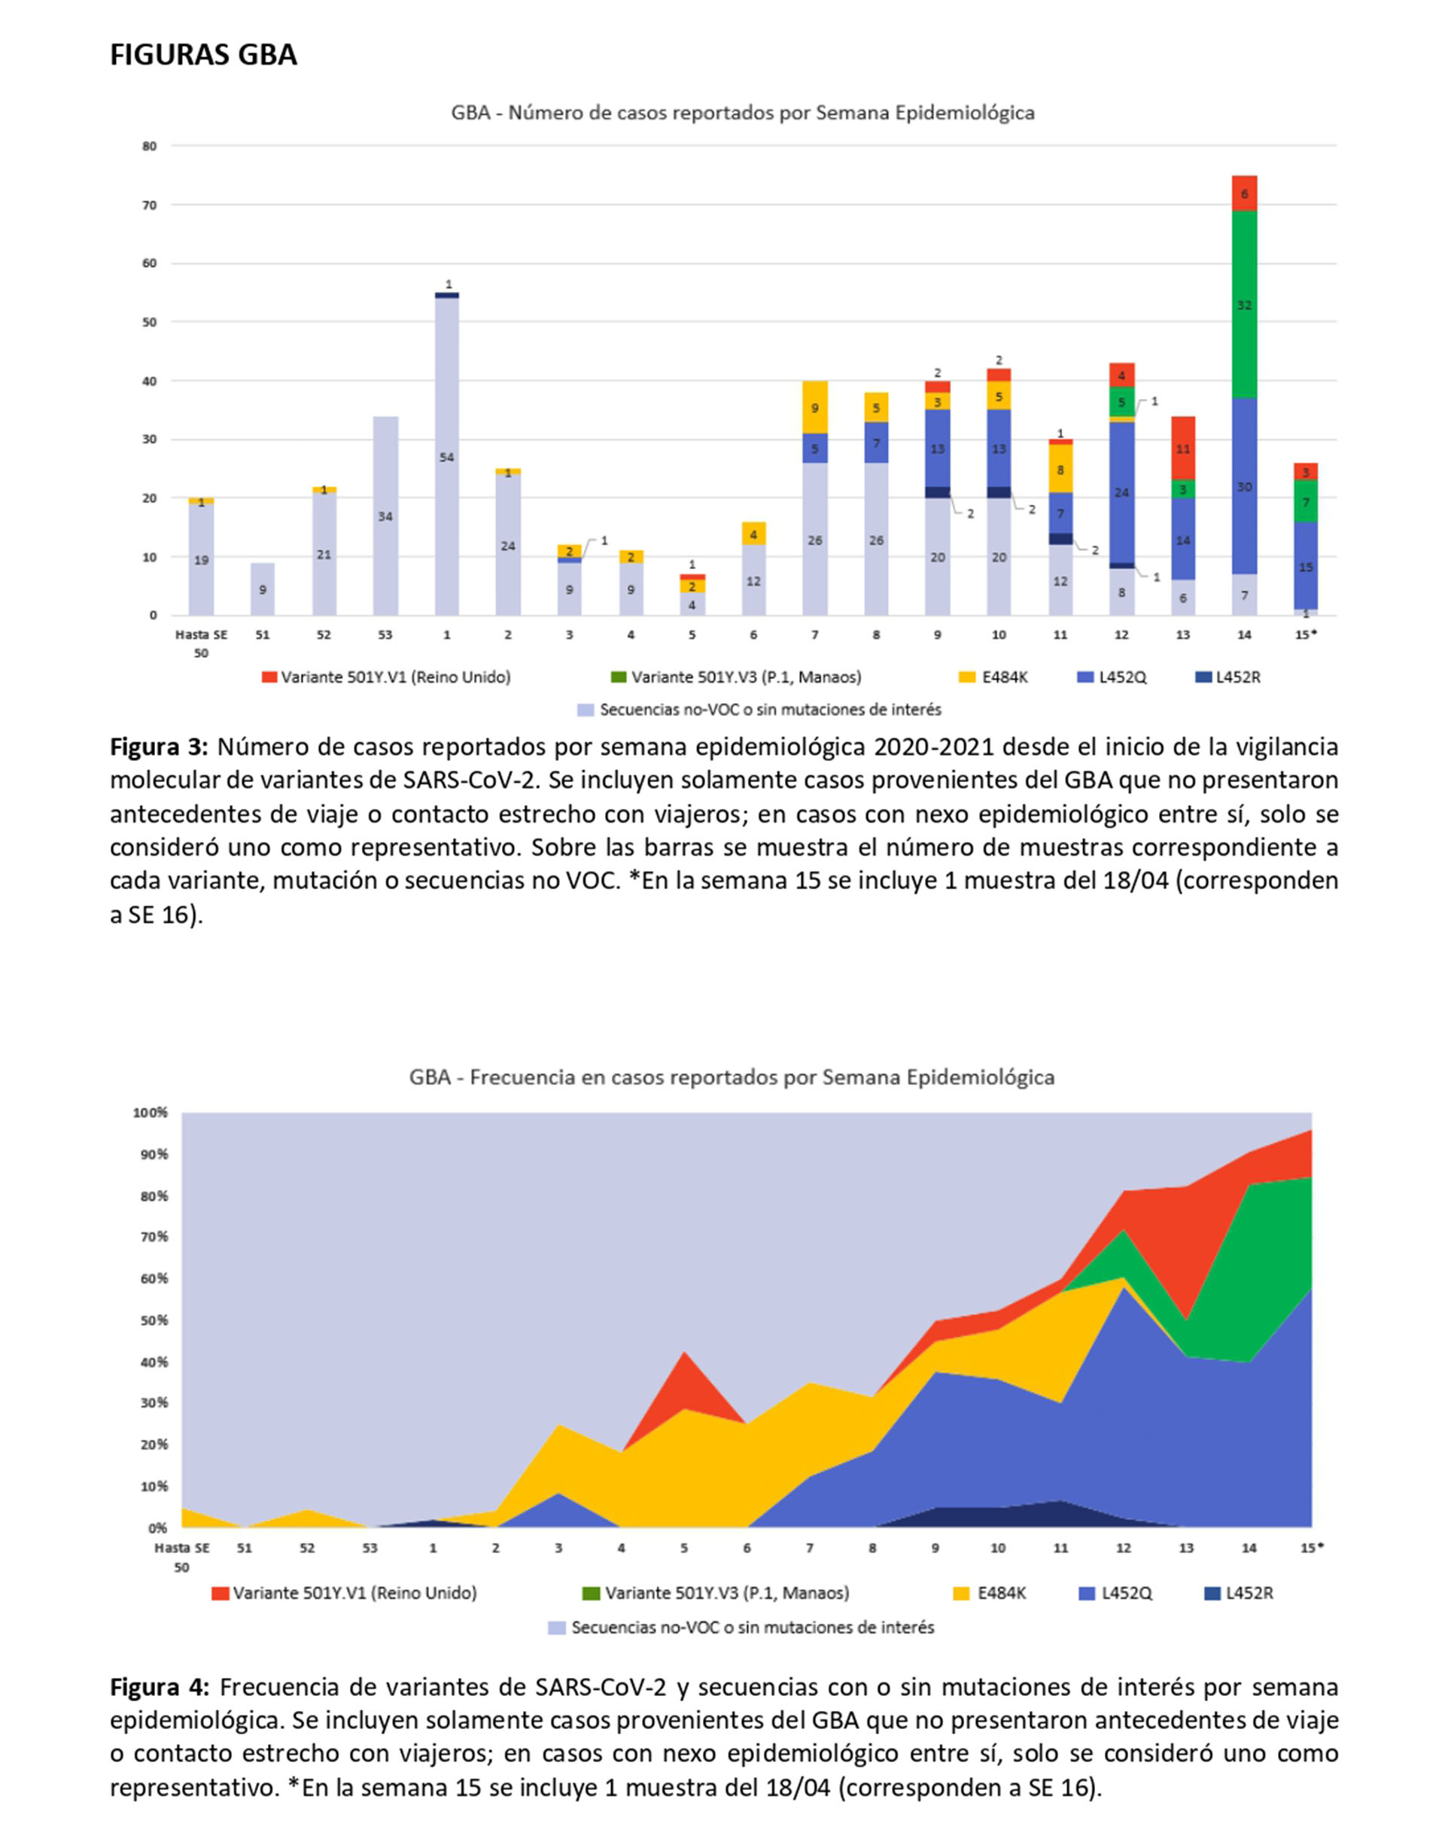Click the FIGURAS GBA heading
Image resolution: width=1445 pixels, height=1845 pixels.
[x=203, y=55]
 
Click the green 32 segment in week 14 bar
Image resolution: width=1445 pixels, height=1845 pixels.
[x=1245, y=305]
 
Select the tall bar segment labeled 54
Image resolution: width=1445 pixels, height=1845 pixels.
[x=447, y=457]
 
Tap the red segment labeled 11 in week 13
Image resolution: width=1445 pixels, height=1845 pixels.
[x=1183, y=449]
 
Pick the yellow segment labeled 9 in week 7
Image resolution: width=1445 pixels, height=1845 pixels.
[x=815, y=407]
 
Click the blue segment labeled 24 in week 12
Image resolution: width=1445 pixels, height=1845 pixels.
[x=1122, y=492]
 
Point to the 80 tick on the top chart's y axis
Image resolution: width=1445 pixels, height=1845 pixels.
[x=150, y=146]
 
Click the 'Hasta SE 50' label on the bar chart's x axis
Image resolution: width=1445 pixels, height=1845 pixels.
[x=202, y=644]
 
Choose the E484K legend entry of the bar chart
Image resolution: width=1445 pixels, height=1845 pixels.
[x=993, y=677]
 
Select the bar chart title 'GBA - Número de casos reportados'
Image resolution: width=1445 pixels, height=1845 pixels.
[x=743, y=112]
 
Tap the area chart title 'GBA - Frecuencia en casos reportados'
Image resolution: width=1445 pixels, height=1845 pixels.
[x=732, y=1077]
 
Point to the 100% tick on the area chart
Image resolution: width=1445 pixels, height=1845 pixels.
[x=151, y=1113]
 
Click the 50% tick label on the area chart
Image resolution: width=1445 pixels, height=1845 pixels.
[x=153, y=1320]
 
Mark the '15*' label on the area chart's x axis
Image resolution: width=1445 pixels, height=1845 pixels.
[x=1311, y=1548]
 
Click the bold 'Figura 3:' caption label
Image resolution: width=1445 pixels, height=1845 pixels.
[x=159, y=747]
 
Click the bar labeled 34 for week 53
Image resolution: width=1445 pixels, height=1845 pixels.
[x=386, y=516]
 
